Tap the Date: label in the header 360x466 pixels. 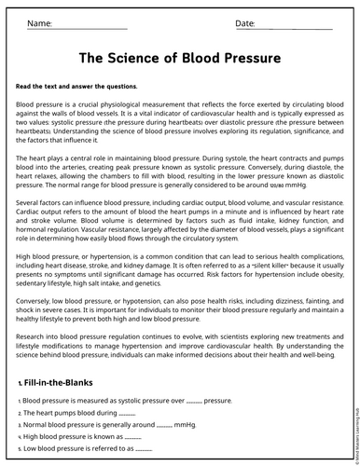(245, 22)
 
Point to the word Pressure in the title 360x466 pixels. (246, 58)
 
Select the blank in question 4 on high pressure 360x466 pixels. (132, 436)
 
